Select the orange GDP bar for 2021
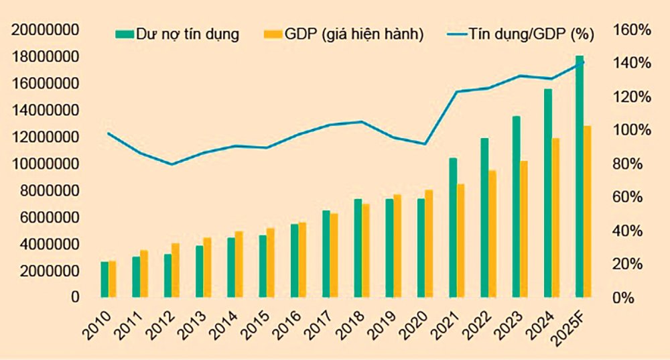coord(461,241)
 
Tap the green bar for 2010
coord(105,280)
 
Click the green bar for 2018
coord(358,248)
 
